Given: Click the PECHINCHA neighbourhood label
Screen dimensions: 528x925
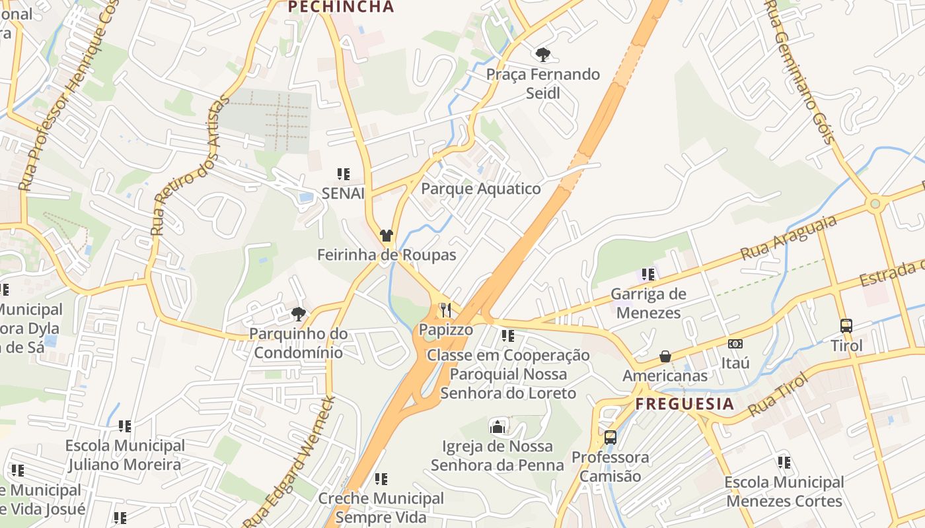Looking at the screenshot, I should [341, 7].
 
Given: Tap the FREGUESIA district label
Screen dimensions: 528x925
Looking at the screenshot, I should [684, 404].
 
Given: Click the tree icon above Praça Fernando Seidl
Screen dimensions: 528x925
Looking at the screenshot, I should [543, 54].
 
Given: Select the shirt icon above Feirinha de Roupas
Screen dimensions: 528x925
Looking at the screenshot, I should [387, 236].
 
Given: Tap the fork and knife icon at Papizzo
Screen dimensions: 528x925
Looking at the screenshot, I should [446, 310].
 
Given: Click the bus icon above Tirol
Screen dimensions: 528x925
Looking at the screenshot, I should [846, 325].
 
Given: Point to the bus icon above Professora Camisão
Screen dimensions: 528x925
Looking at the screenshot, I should [610, 437].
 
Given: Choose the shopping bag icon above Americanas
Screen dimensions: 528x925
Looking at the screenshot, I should [665, 356].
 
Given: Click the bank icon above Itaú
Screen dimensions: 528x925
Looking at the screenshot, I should [735, 344].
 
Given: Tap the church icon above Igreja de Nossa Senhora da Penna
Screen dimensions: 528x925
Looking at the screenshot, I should [497, 427].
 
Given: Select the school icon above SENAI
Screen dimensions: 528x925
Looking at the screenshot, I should [343, 174].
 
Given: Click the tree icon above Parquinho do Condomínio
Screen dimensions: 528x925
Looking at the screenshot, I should [299, 313].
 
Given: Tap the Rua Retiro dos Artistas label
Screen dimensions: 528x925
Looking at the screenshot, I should [190, 165].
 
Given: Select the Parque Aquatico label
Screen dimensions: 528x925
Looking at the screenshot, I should [481, 189].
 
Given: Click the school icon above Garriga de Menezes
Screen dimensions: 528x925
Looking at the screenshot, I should [648, 274].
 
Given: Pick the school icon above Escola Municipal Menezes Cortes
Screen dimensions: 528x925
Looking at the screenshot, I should [784, 463].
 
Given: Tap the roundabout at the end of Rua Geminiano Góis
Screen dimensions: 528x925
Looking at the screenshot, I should [875, 204].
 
